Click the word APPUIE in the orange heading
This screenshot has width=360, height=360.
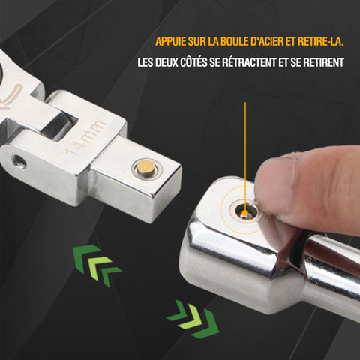171,41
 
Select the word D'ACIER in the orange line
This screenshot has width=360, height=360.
267,41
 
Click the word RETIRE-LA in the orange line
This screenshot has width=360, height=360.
320,41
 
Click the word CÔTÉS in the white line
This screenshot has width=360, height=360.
193,61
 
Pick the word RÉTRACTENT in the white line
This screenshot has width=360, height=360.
249,61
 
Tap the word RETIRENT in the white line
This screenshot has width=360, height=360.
324,62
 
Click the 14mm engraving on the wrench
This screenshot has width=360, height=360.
85,137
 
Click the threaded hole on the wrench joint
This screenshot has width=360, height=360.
19,161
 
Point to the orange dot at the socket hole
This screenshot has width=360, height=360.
245,213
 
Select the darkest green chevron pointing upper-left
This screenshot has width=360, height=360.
84,256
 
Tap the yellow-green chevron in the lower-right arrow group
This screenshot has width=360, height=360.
190,317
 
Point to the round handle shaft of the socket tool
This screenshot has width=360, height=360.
332,272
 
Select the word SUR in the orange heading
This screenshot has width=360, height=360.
197,41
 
